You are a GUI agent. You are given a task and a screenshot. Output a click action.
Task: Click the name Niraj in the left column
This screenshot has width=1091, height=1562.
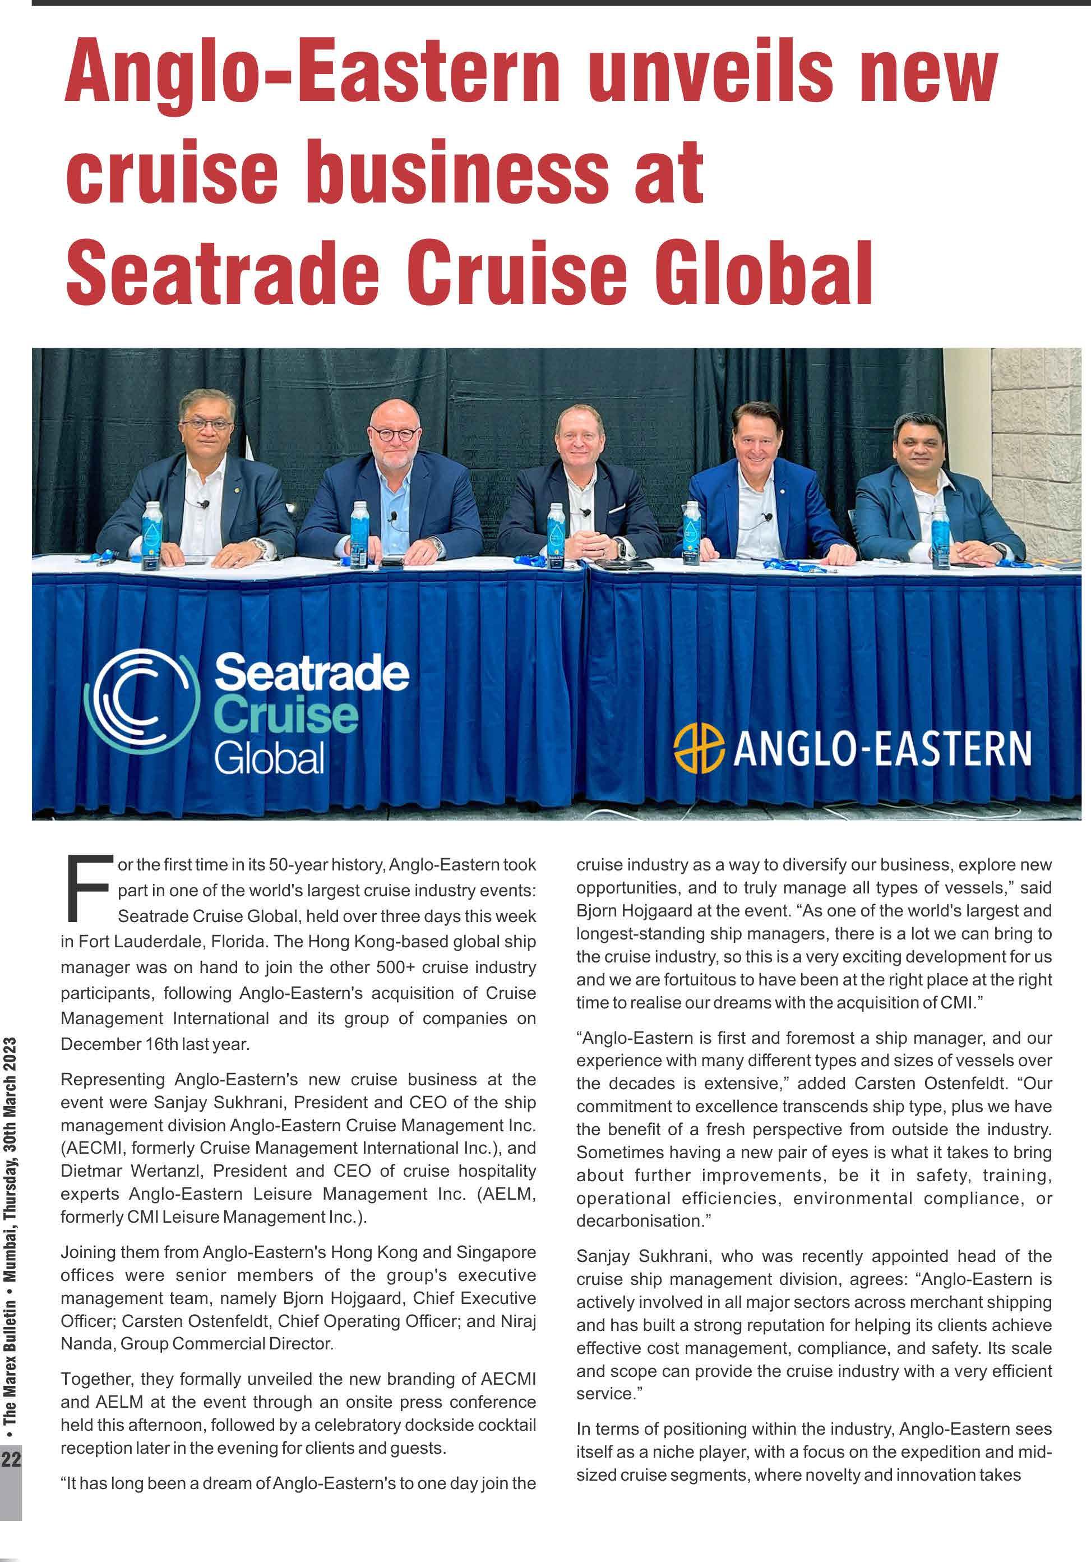[x=514, y=1320]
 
